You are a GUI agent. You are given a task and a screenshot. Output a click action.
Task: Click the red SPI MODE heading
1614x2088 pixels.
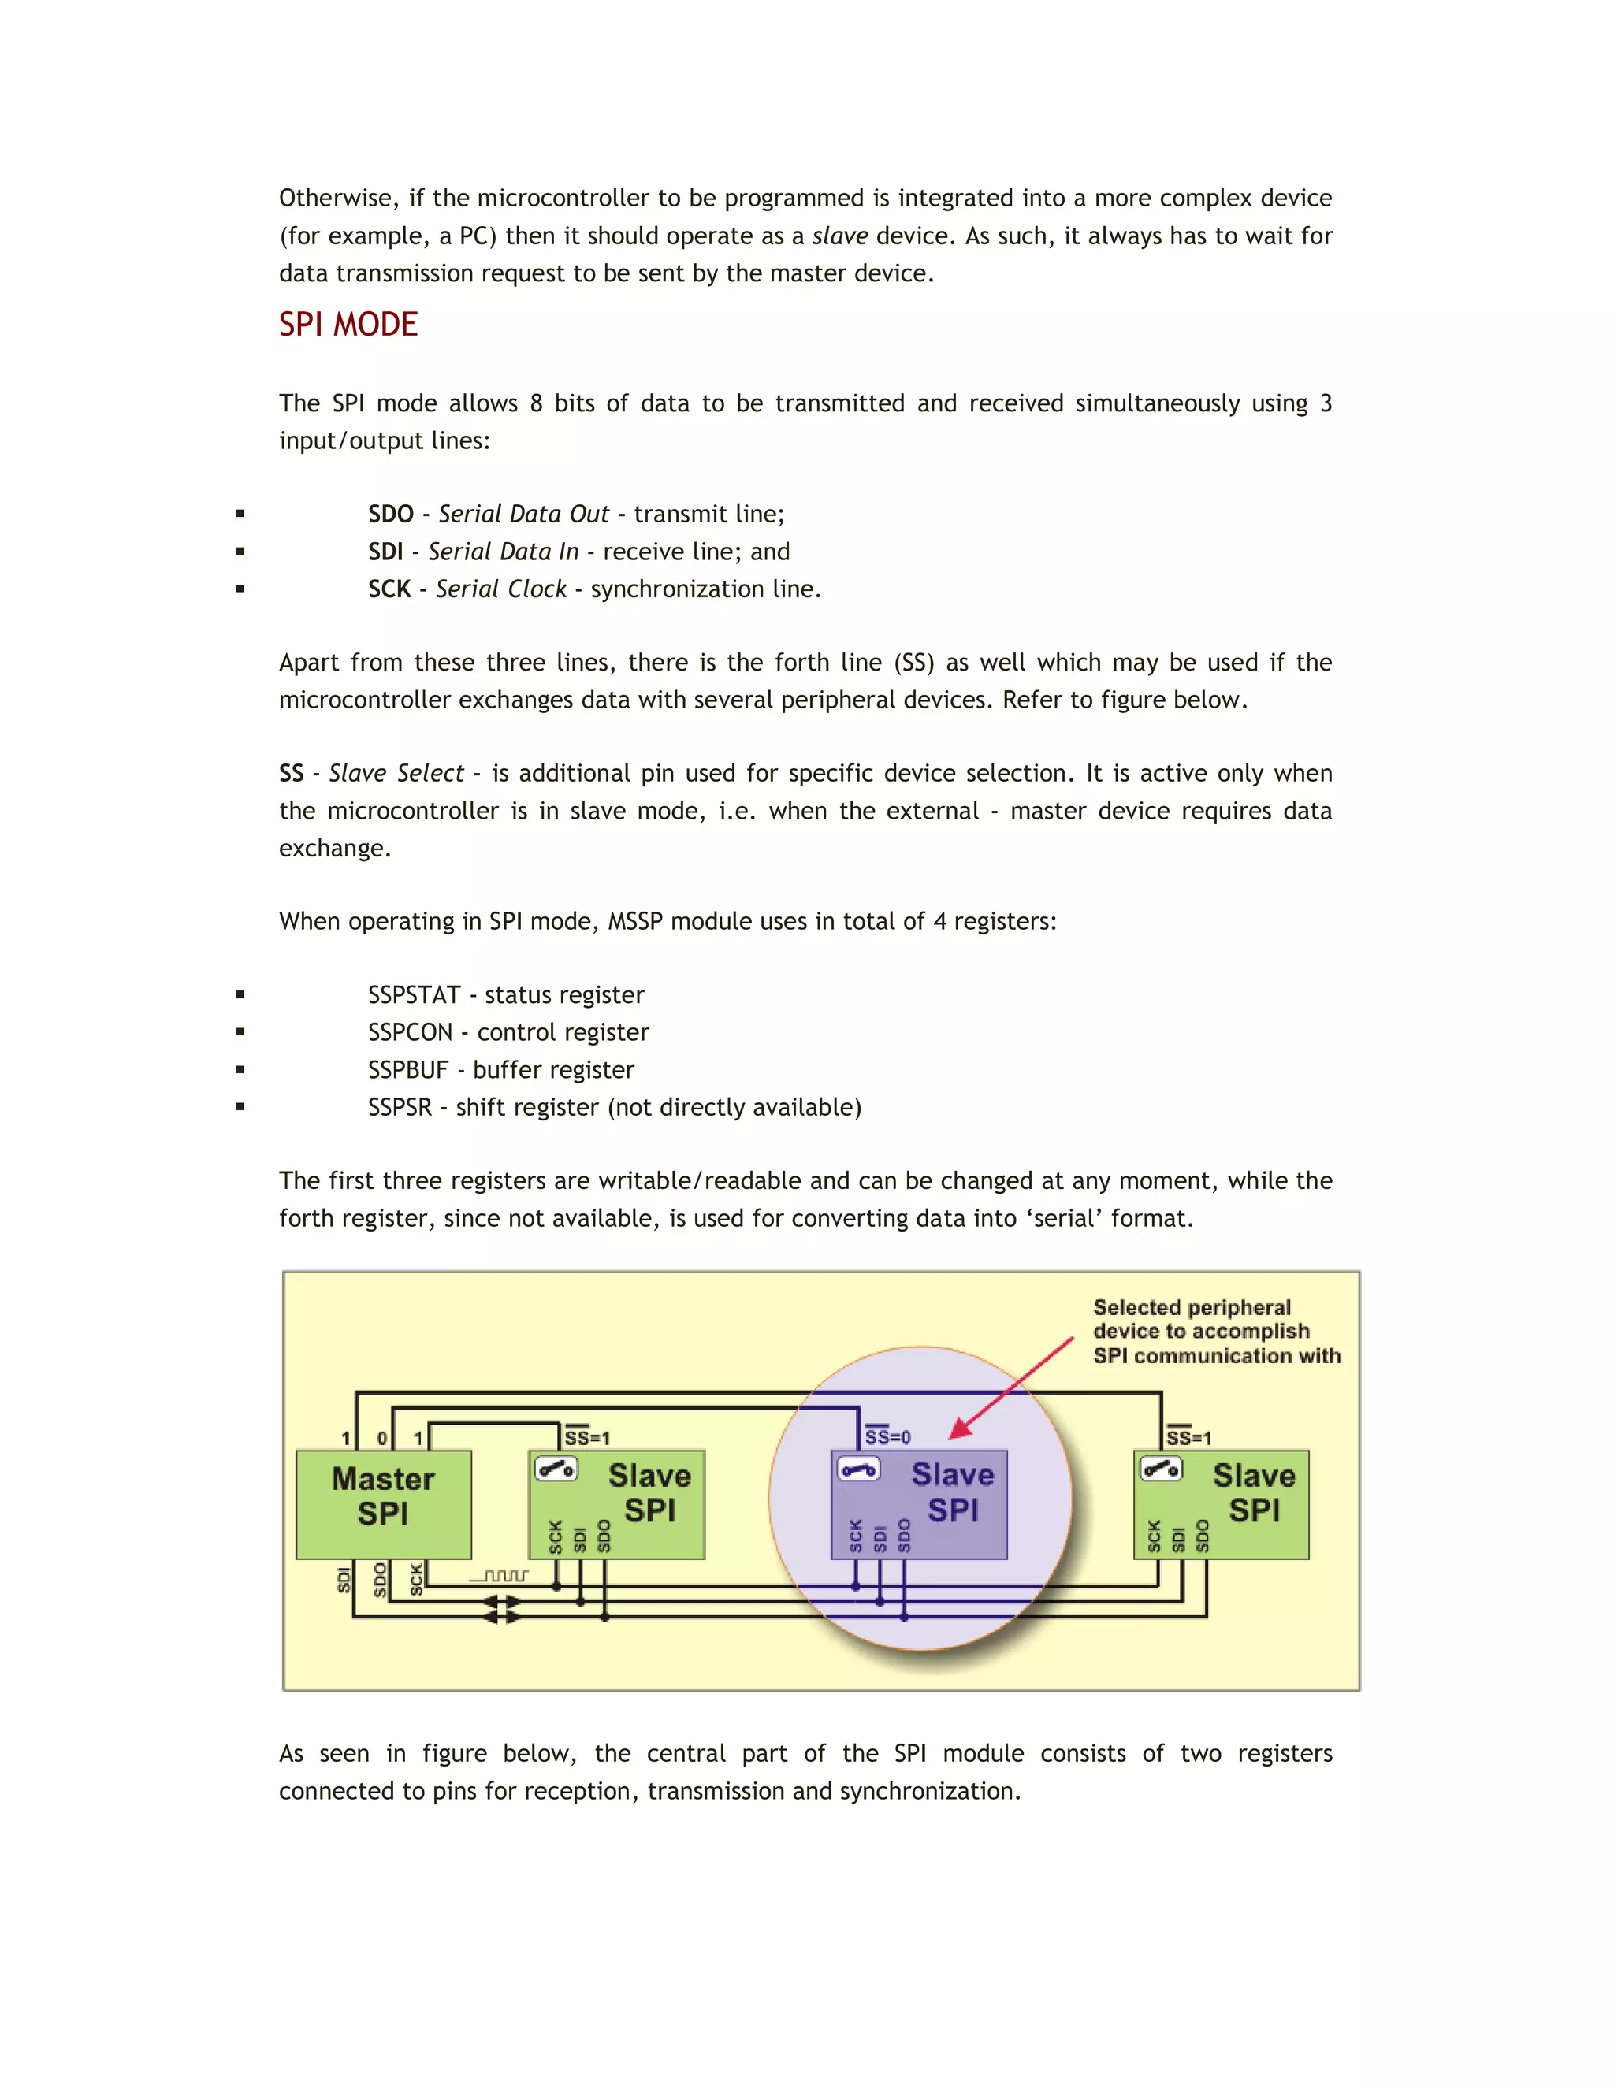[x=348, y=325]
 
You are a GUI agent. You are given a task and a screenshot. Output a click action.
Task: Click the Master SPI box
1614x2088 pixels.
[x=384, y=1496]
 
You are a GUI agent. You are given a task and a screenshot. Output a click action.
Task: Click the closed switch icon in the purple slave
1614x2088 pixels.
[x=857, y=1469]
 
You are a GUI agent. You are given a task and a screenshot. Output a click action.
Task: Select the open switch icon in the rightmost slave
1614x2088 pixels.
[x=1161, y=1469]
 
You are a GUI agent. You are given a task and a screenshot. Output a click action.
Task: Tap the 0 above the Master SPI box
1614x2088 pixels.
[x=382, y=1437]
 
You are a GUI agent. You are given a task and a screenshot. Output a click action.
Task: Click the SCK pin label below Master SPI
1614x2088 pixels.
[x=416, y=1579]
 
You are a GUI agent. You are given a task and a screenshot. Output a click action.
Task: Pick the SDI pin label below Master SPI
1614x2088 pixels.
[x=344, y=1579]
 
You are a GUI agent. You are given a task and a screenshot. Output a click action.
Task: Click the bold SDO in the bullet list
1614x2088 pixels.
[x=390, y=515]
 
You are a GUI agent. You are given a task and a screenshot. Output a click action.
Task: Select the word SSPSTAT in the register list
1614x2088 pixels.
[x=414, y=995]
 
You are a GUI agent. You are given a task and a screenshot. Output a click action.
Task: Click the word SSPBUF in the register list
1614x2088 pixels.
[x=407, y=1070]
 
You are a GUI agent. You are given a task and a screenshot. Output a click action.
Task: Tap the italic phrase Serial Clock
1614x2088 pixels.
[x=501, y=589]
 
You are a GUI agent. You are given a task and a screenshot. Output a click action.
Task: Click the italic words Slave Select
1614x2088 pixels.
[x=396, y=774]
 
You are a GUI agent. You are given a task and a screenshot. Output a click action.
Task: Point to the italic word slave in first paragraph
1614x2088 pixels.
[x=839, y=236]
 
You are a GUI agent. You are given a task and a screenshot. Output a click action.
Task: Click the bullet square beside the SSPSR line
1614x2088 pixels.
[x=240, y=1107]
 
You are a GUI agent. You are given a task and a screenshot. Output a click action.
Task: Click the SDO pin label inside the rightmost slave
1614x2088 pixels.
[x=1203, y=1536]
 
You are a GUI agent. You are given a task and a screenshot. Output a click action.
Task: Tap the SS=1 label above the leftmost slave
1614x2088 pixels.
[x=586, y=1437]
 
